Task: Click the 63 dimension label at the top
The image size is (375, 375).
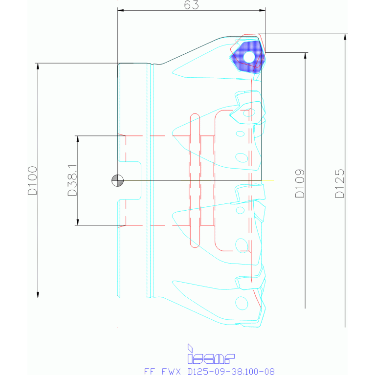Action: click(x=191, y=5)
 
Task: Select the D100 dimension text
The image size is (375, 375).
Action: click(x=33, y=180)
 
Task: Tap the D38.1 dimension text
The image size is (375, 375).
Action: click(x=72, y=180)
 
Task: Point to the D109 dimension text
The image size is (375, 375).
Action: click(x=300, y=183)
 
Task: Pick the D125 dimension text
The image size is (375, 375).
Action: click(x=340, y=183)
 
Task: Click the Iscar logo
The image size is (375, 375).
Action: click(x=211, y=354)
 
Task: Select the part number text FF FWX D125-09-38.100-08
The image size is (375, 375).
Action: click(x=209, y=371)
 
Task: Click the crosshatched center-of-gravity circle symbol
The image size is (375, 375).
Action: click(x=118, y=180)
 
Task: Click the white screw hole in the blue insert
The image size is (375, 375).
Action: click(x=249, y=57)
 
